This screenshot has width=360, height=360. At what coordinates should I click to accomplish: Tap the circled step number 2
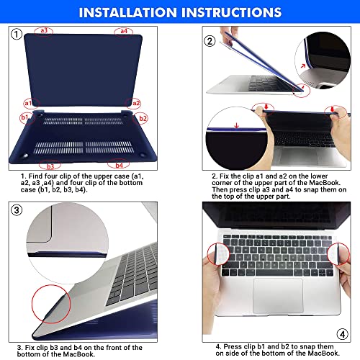pyautogui.click(x=210, y=41)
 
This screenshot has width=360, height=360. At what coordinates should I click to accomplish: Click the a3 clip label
pyautogui.click(x=45, y=30)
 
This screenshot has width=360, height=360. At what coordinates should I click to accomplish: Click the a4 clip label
pyautogui.click(x=124, y=30)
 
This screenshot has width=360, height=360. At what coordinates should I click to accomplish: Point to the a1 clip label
pyautogui.click(x=29, y=103)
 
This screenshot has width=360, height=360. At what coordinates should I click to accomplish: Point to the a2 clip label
pyautogui.click(x=135, y=103)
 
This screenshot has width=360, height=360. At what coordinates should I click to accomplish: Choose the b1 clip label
pyautogui.click(x=24, y=117)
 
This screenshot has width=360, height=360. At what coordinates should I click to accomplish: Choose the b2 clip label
pyautogui.click(x=143, y=117)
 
